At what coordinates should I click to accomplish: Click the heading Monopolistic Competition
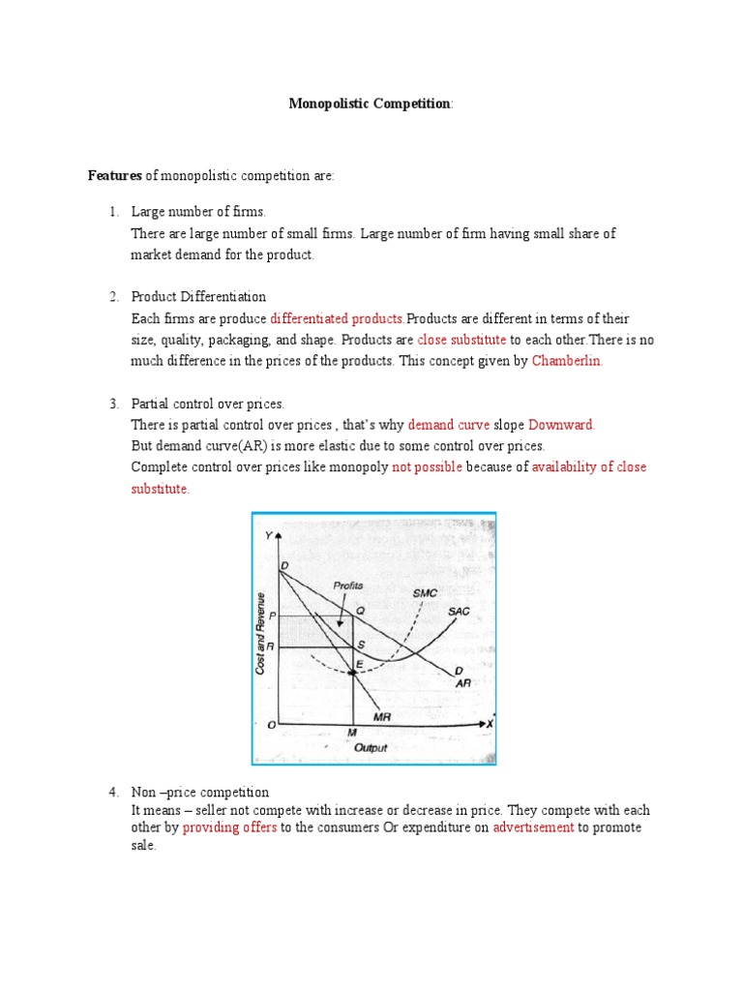tap(371, 104)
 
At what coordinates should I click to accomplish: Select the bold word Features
tap(115, 175)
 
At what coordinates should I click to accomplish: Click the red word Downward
tap(561, 424)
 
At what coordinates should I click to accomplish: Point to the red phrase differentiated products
tap(337, 318)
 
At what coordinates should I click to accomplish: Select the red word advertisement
tap(533, 827)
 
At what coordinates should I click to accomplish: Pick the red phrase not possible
tap(427, 466)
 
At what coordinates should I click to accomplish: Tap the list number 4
tap(112, 792)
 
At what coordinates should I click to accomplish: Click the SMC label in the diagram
tap(425, 592)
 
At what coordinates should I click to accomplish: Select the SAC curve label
tap(459, 612)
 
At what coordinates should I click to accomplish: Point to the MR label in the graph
tap(380, 716)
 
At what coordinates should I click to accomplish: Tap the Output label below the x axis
tap(370, 748)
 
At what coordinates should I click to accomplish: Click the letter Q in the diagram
tap(360, 611)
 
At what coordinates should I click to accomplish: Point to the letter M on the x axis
tap(352, 734)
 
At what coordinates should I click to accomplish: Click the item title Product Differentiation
tap(198, 296)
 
